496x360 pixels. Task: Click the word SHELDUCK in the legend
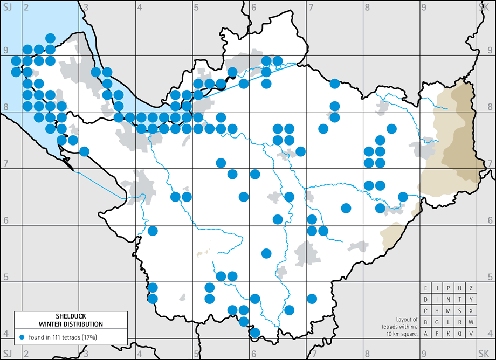coord(71,317)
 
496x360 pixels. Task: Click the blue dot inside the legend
coord(22,337)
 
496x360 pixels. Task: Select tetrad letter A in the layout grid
coord(426,334)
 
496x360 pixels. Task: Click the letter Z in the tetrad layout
coord(471,288)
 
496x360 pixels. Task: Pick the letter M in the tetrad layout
coord(449,311)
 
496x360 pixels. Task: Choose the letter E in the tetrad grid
coord(426,288)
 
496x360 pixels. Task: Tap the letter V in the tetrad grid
coord(471,334)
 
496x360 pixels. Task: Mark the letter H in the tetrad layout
coord(437,311)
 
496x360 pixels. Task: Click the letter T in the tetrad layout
coord(460,300)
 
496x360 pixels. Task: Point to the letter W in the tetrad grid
coord(471,322)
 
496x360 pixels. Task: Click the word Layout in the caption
coord(403,319)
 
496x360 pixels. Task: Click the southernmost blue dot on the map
coord(255,333)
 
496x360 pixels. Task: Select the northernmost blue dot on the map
coord(50,38)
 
